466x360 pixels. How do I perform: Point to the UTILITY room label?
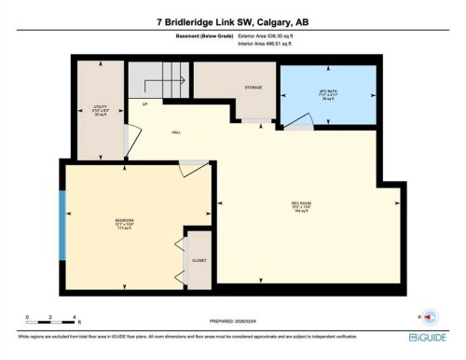pos(88,107)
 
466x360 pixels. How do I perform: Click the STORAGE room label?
pos(254,89)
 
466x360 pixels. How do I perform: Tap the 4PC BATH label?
pos(326,93)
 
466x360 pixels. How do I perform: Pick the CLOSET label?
pos(199,260)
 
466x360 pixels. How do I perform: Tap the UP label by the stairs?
pos(145,104)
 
